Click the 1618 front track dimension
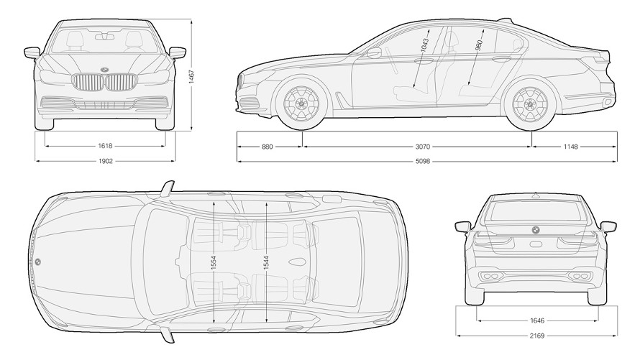(x=105, y=146)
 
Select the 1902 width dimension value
(x=105, y=161)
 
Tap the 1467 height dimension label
(x=191, y=76)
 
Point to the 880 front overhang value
(x=267, y=147)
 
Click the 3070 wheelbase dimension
(x=423, y=147)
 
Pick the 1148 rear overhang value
(x=571, y=147)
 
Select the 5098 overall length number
(x=423, y=162)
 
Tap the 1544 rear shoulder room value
(x=266, y=262)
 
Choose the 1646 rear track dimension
(x=537, y=320)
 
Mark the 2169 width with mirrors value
(x=537, y=336)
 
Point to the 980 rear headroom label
(x=479, y=45)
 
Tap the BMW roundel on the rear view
(x=536, y=230)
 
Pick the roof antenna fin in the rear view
(x=536, y=195)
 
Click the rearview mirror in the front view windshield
(x=105, y=37)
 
